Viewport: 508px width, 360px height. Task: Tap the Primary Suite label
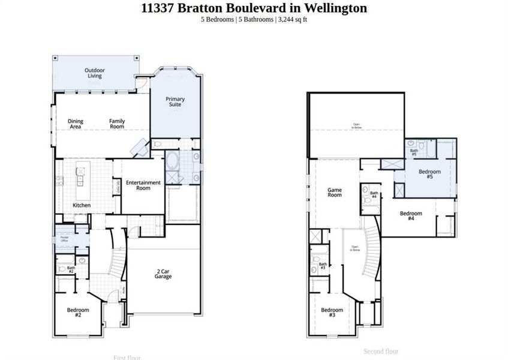(x=175, y=102)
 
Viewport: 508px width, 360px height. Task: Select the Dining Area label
(x=76, y=124)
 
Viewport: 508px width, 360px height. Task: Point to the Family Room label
(x=117, y=124)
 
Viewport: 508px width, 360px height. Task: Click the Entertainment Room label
(x=143, y=185)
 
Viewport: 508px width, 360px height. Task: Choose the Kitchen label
(x=82, y=205)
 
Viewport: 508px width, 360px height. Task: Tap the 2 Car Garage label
(x=163, y=274)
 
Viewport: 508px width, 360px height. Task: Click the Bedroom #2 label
(x=78, y=313)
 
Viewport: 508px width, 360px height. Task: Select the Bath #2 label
(x=71, y=270)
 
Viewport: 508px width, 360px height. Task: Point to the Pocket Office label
(x=64, y=239)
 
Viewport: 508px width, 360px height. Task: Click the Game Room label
(x=334, y=193)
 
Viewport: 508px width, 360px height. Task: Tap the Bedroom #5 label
(x=429, y=175)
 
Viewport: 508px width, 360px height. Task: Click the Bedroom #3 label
(x=332, y=313)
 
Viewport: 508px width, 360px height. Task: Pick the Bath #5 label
(x=414, y=152)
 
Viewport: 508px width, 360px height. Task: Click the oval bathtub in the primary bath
(x=172, y=161)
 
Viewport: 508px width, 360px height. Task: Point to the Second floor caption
(x=380, y=351)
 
